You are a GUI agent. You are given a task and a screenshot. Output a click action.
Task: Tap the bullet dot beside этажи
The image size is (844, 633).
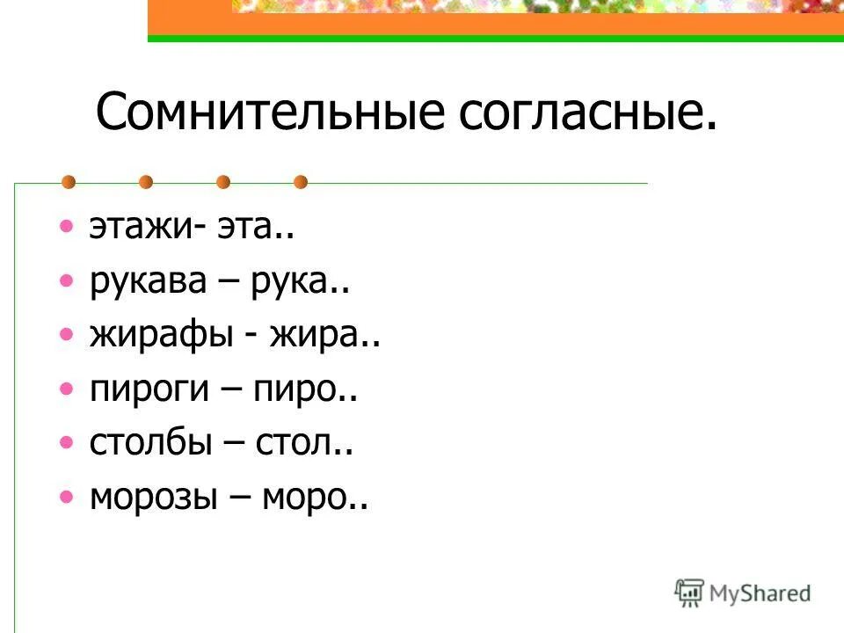(x=67, y=227)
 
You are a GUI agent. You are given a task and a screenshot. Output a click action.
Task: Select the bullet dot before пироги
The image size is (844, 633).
(x=67, y=388)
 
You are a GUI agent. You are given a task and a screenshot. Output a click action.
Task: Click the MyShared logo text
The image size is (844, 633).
(x=760, y=593)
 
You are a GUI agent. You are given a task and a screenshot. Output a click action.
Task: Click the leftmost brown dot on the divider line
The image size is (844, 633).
(x=68, y=183)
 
